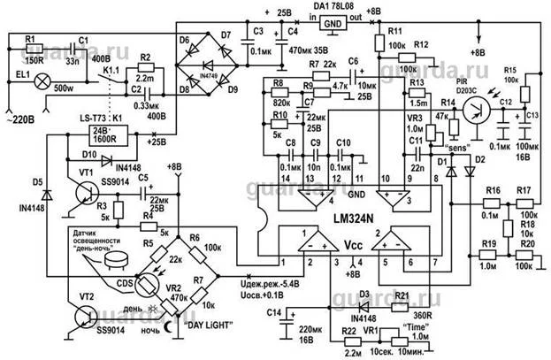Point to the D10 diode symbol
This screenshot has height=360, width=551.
tap(105, 162)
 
